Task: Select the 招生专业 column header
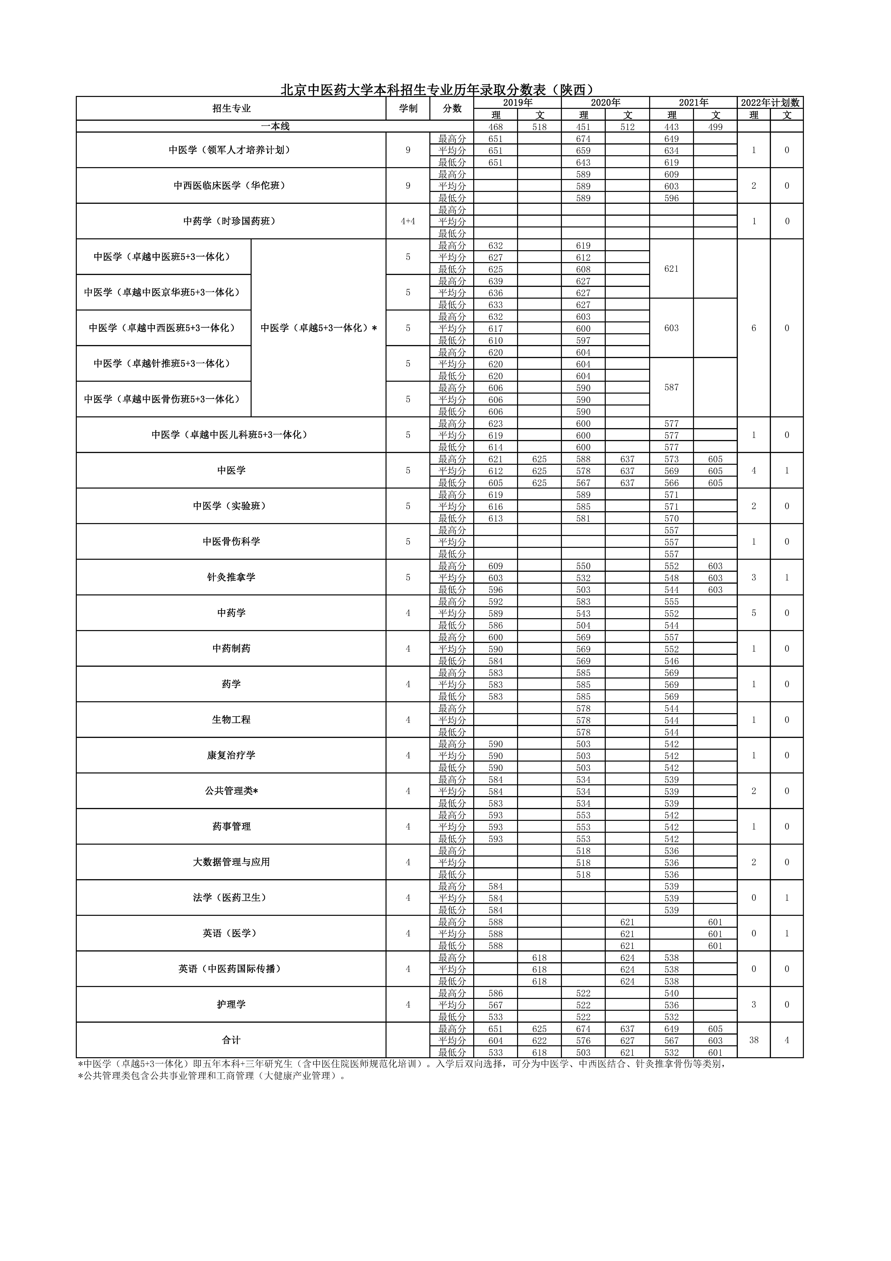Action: (231, 109)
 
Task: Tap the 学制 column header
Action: (408, 109)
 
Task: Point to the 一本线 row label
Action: (275, 126)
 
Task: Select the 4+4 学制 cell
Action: (408, 221)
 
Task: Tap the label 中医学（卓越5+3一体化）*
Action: (318, 328)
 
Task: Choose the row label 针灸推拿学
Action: (231, 577)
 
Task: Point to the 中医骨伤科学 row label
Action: (231, 541)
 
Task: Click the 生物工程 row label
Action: (231, 720)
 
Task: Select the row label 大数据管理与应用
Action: (231, 862)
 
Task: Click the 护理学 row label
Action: (231, 1005)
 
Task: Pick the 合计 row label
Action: (231, 1040)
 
